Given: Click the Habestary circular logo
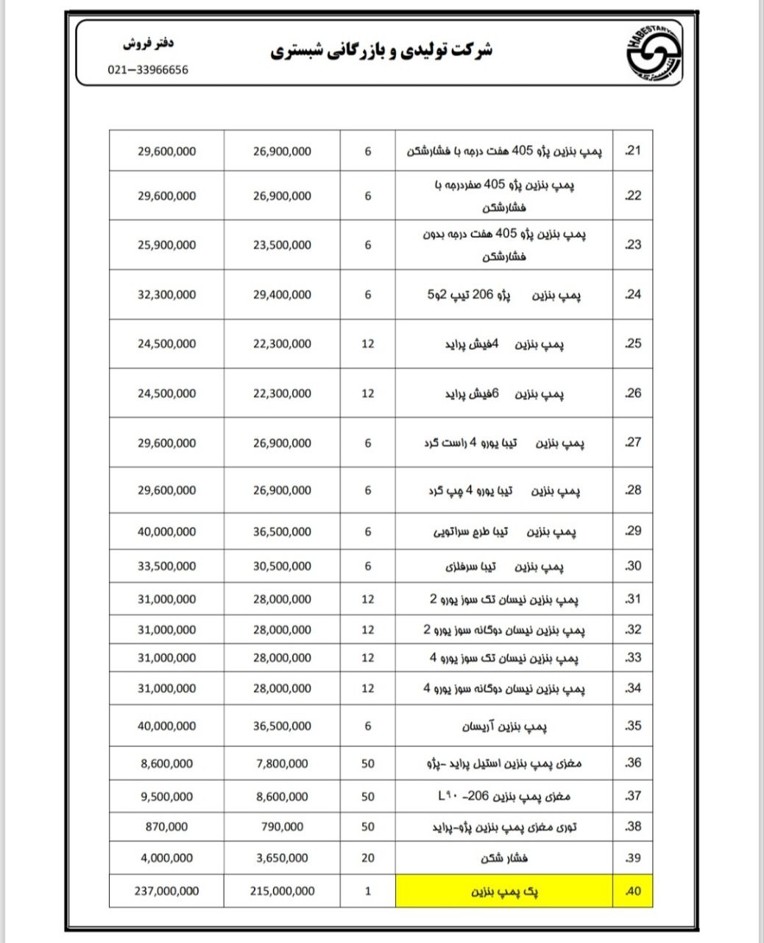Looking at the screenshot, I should pos(653,52).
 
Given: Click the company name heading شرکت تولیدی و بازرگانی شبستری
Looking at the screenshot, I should pos(382,50).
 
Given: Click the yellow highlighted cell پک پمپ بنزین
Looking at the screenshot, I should pos(504,891).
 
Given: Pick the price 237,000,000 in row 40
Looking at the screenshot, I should pos(166,891).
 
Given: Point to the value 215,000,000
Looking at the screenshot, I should pos(282,891).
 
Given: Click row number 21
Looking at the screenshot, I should pos(632,151).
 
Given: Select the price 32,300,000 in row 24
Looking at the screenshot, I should pos(166,295).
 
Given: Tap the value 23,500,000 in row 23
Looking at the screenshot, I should pos(282,245).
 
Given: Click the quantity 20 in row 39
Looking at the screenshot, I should pos(368,858).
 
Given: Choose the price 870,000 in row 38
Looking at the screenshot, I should pos(166,827).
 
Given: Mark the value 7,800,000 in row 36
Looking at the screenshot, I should pos(282,764).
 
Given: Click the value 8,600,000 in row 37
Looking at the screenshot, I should pos(282,796).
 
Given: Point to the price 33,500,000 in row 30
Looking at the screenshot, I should pos(166,567).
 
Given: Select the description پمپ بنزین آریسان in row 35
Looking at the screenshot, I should pos(504,727).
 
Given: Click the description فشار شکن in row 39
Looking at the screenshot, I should pos(504,858).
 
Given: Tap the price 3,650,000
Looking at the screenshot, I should pos(282,858).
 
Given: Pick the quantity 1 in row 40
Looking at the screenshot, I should pos(368,891).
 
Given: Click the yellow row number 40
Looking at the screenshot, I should pos(632,891).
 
